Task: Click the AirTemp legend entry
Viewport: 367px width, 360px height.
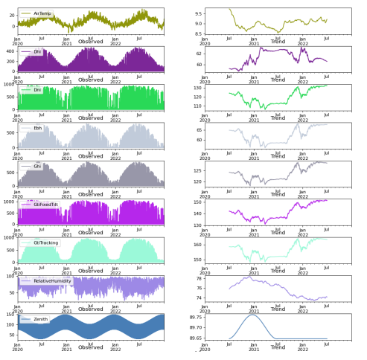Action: point(42,13)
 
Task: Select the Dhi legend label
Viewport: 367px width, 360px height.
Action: point(37,52)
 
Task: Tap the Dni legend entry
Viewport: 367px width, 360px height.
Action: point(37,90)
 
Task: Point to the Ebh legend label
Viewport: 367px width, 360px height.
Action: point(37,128)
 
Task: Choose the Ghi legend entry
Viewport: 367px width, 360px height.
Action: point(37,167)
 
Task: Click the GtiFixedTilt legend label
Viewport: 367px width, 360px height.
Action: point(46,205)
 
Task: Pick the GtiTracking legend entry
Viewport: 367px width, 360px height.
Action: point(45,242)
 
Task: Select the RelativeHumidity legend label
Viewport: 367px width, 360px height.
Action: point(51,281)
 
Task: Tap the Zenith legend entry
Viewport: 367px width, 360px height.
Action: point(40,319)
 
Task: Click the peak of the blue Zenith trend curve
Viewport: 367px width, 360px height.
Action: point(252,315)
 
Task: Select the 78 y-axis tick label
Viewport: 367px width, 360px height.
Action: point(198,278)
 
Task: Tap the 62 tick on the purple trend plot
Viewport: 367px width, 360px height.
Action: point(198,54)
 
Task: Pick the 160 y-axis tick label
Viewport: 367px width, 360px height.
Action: point(197,245)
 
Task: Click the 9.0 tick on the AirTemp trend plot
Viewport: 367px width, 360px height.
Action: point(197,24)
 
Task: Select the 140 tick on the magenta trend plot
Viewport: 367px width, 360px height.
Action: point(197,213)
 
